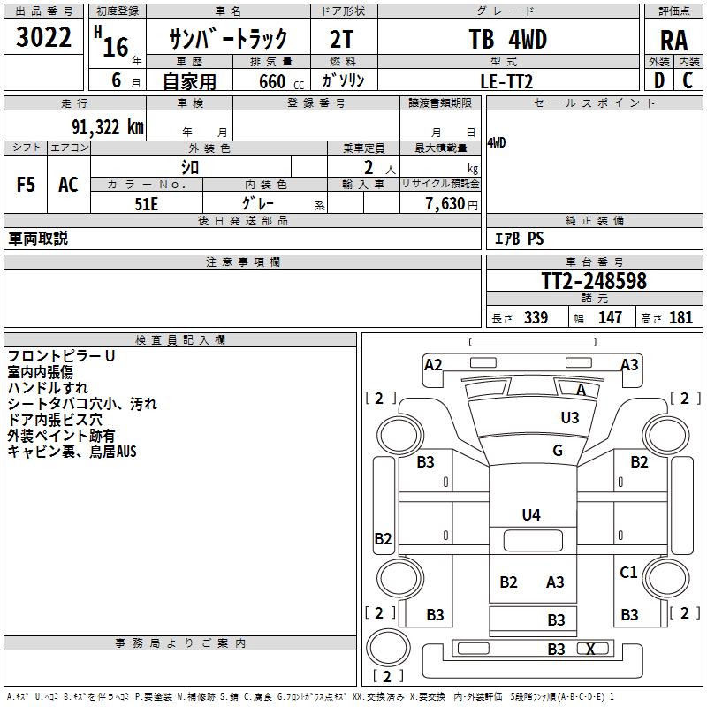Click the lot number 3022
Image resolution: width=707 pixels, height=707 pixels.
44,39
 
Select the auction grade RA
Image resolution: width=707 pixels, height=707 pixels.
673,40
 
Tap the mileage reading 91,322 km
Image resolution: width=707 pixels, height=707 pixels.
108,126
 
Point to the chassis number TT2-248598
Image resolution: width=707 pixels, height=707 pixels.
594,281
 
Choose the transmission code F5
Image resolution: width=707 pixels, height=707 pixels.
26,185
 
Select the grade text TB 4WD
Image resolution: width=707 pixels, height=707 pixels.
507,39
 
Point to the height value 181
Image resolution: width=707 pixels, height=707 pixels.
681,317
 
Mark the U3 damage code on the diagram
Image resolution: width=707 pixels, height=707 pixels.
570,417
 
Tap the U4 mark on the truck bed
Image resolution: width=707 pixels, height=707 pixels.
531,514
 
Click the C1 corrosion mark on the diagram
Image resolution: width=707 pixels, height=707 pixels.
628,573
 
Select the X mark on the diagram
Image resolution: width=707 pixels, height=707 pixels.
591,649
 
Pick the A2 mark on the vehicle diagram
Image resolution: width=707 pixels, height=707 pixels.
433,364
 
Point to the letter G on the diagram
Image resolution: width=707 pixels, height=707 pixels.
558,451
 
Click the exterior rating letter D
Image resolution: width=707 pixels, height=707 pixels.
658,80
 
